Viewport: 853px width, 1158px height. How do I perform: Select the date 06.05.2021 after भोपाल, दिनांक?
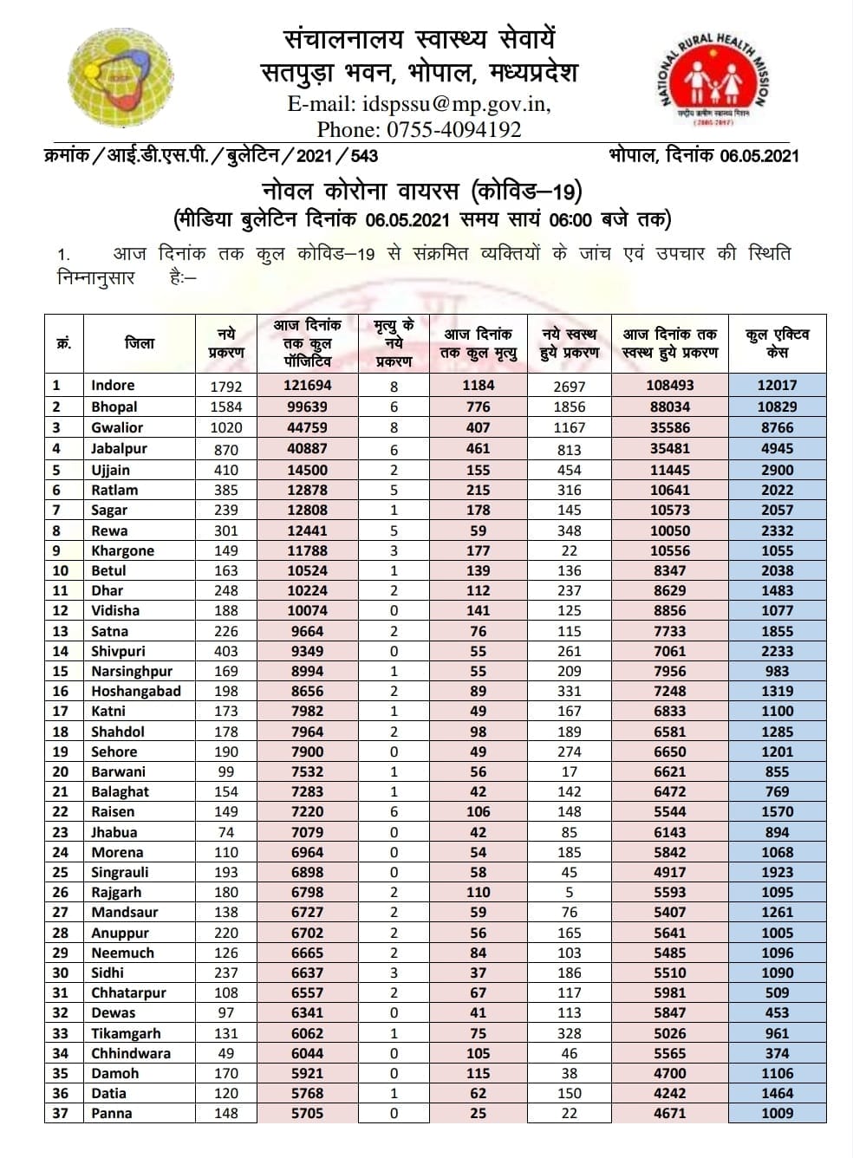click(759, 156)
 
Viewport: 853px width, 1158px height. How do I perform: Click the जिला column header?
click(140, 343)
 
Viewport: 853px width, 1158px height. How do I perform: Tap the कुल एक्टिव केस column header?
click(777, 343)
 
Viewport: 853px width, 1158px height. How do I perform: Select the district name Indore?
click(113, 385)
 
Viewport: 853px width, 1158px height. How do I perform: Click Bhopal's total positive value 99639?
click(307, 407)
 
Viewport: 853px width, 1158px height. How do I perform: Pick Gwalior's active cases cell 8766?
click(777, 427)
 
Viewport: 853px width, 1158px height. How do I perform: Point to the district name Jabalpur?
click(119, 448)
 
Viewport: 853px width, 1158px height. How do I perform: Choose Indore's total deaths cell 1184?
click(478, 385)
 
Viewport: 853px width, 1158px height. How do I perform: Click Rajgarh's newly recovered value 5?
click(569, 893)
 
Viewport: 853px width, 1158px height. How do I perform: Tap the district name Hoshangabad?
click(136, 691)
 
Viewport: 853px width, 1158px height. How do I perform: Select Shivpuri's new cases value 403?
click(225, 652)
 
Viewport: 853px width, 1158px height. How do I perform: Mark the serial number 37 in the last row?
click(60, 1113)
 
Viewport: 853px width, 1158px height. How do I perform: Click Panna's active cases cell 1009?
click(777, 1113)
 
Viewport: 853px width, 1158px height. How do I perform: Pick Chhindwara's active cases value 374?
click(777, 1053)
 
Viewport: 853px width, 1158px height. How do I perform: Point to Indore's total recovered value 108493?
click(669, 385)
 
